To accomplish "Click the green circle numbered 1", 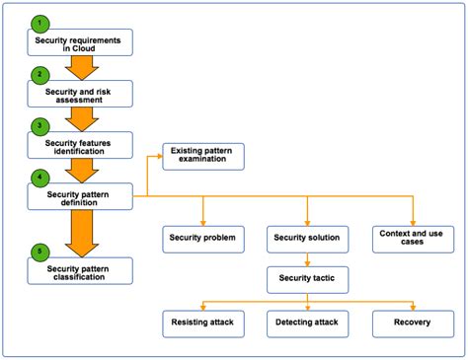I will pos(39,22).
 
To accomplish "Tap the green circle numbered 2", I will pos(39,74).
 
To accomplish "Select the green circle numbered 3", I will pos(39,125).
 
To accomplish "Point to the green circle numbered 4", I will pos(39,178).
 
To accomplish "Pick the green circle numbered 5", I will pos(39,251).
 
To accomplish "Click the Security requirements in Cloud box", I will pos(79,41).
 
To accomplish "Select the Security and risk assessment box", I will pos(79,94).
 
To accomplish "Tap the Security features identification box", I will pos(79,145).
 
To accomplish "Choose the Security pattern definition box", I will pos(79,196).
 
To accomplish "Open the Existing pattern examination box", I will pos(202,155).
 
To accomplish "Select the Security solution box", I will pos(307,239).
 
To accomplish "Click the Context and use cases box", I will pos(412,238).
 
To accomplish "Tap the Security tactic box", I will pos(307,280).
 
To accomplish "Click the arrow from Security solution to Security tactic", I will pos(307,259).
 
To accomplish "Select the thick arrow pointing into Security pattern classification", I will pos(79,233).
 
